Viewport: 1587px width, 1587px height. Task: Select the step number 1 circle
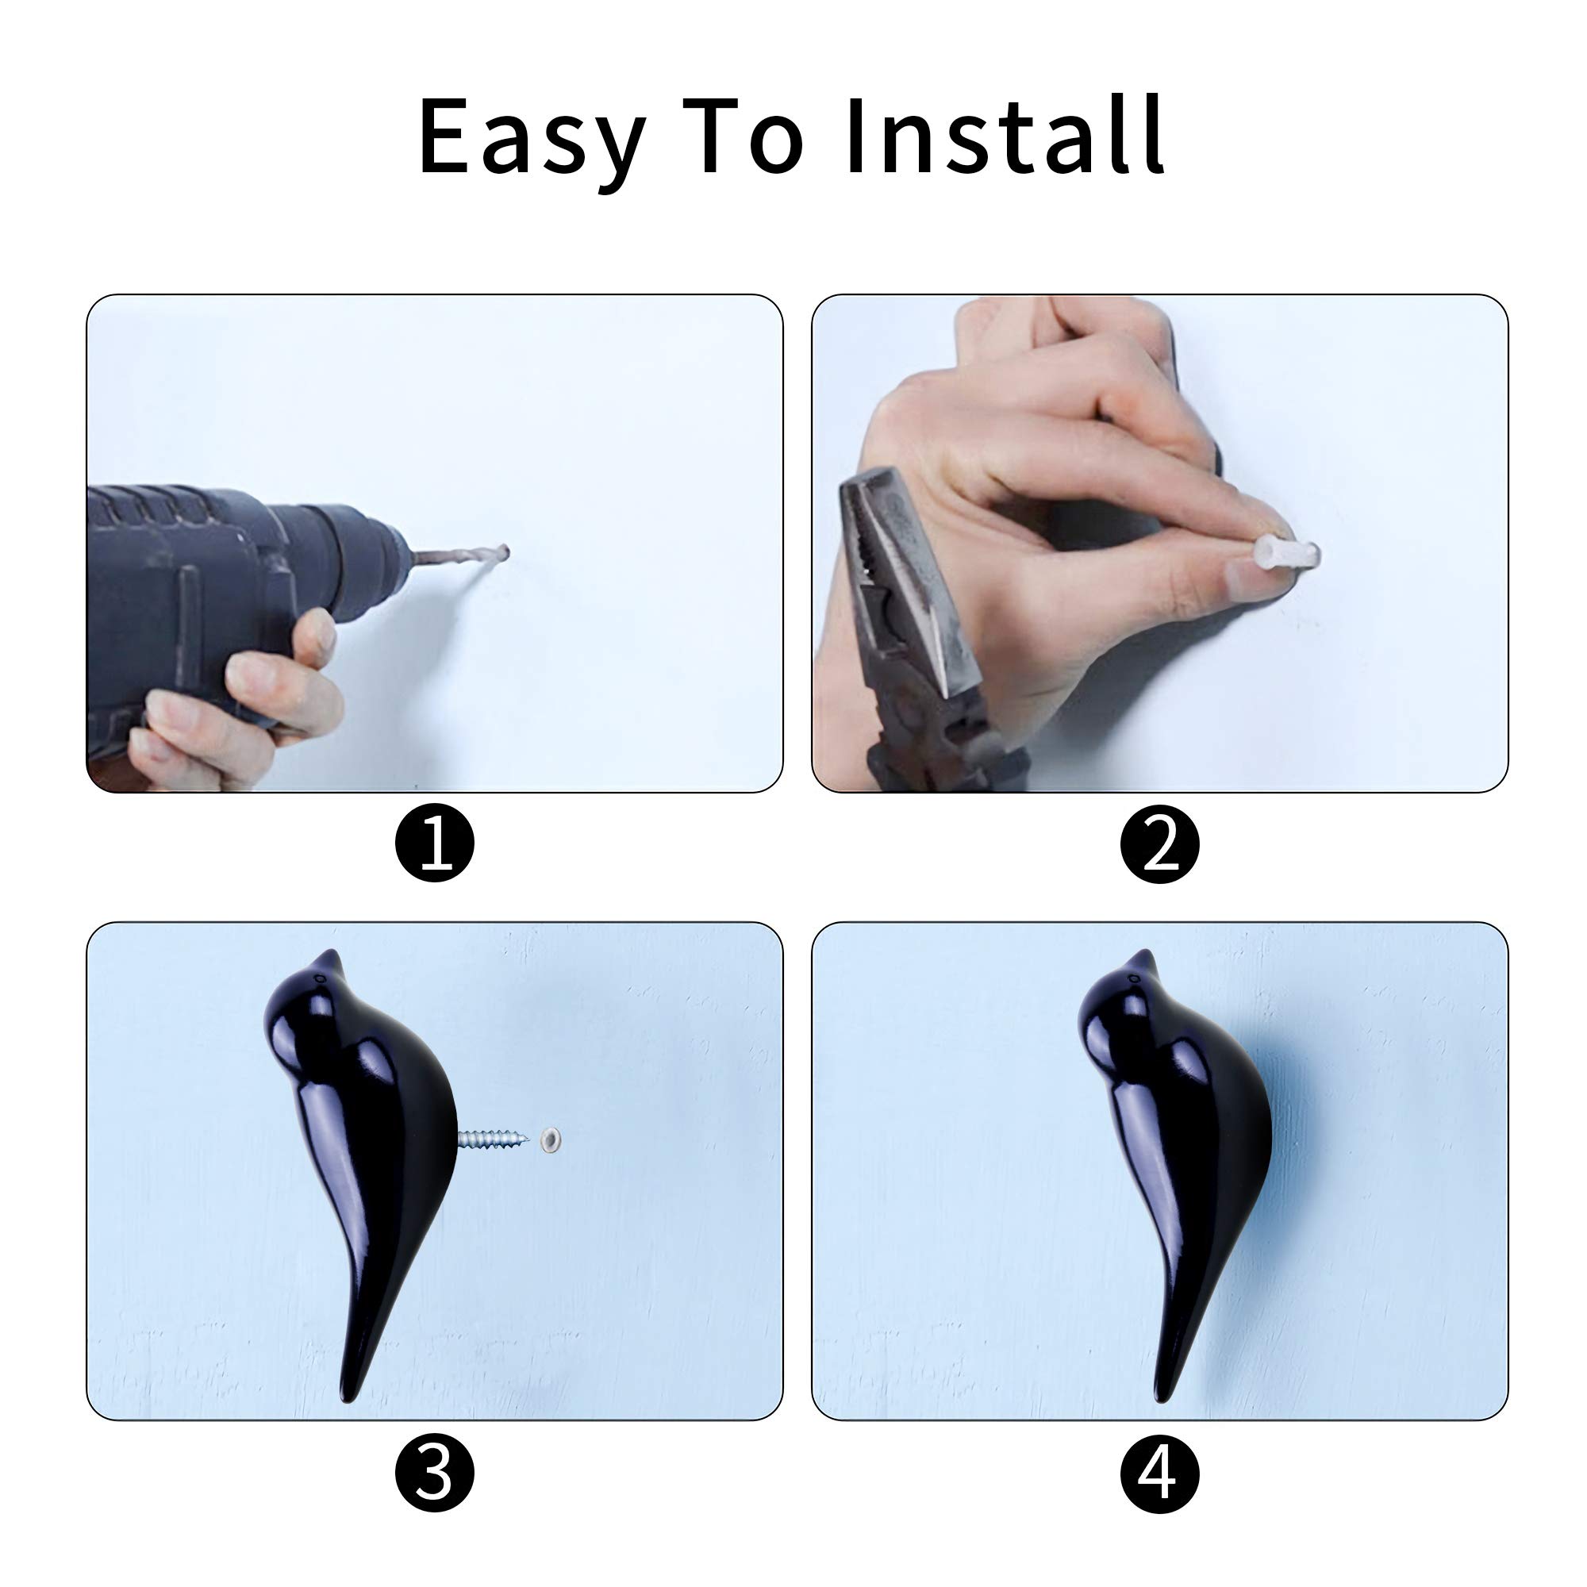point(435,843)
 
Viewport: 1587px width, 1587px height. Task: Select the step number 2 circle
point(1160,843)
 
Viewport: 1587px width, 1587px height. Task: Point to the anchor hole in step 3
point(551,1139)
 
